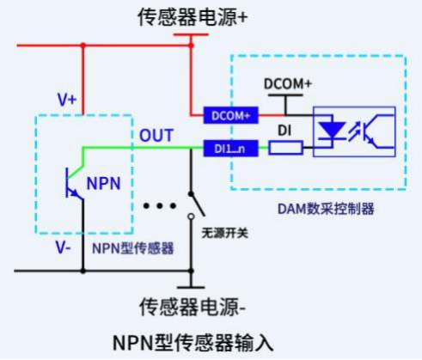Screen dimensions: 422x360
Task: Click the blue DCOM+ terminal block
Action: (x=230, y=115)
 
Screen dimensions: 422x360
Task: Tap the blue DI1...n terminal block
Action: (x=230, y=149)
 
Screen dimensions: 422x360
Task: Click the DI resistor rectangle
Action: (x=285, y=148)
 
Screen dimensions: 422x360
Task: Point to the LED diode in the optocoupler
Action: (x=332, y=131)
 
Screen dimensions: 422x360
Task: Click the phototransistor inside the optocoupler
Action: (x=378, y=131)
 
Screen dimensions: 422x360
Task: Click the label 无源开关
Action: (x=224, y=233)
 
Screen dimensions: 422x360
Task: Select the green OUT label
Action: (x=156, y=135)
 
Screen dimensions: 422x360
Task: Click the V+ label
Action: (x=67, y=100)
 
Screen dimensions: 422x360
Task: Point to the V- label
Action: (x=63, y=247)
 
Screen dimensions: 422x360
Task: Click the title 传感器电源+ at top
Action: (x=193, y=17)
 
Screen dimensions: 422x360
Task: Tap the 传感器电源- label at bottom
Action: (x=193, y=307)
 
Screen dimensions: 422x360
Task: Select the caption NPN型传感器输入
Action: (x=193, y=343)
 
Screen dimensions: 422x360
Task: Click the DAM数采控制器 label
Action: (x=326, y=209)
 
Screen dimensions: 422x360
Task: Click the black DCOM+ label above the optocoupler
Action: (x=288, y=83)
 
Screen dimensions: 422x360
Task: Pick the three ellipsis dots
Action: (x=160, y=205)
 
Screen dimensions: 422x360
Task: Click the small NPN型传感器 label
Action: (x=133, y=248)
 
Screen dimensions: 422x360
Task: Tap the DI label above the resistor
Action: (x=284, y=131)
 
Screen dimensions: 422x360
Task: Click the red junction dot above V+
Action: (x=83, y=46)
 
